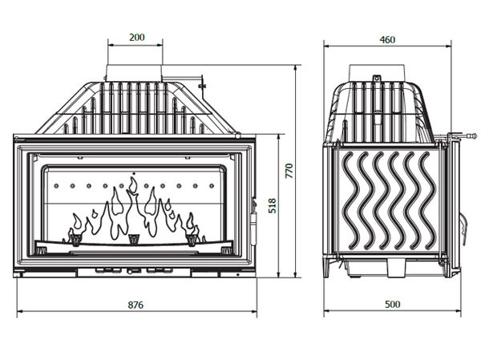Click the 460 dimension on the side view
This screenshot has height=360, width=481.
click(x=387, y=38)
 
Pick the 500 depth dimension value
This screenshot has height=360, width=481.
click(x=392, y=304)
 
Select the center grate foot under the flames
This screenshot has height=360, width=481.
click(x=134, y=237)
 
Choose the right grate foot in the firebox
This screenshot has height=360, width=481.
click(x=192, y=237)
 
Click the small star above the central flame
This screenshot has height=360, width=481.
click(x=133, y=172)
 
